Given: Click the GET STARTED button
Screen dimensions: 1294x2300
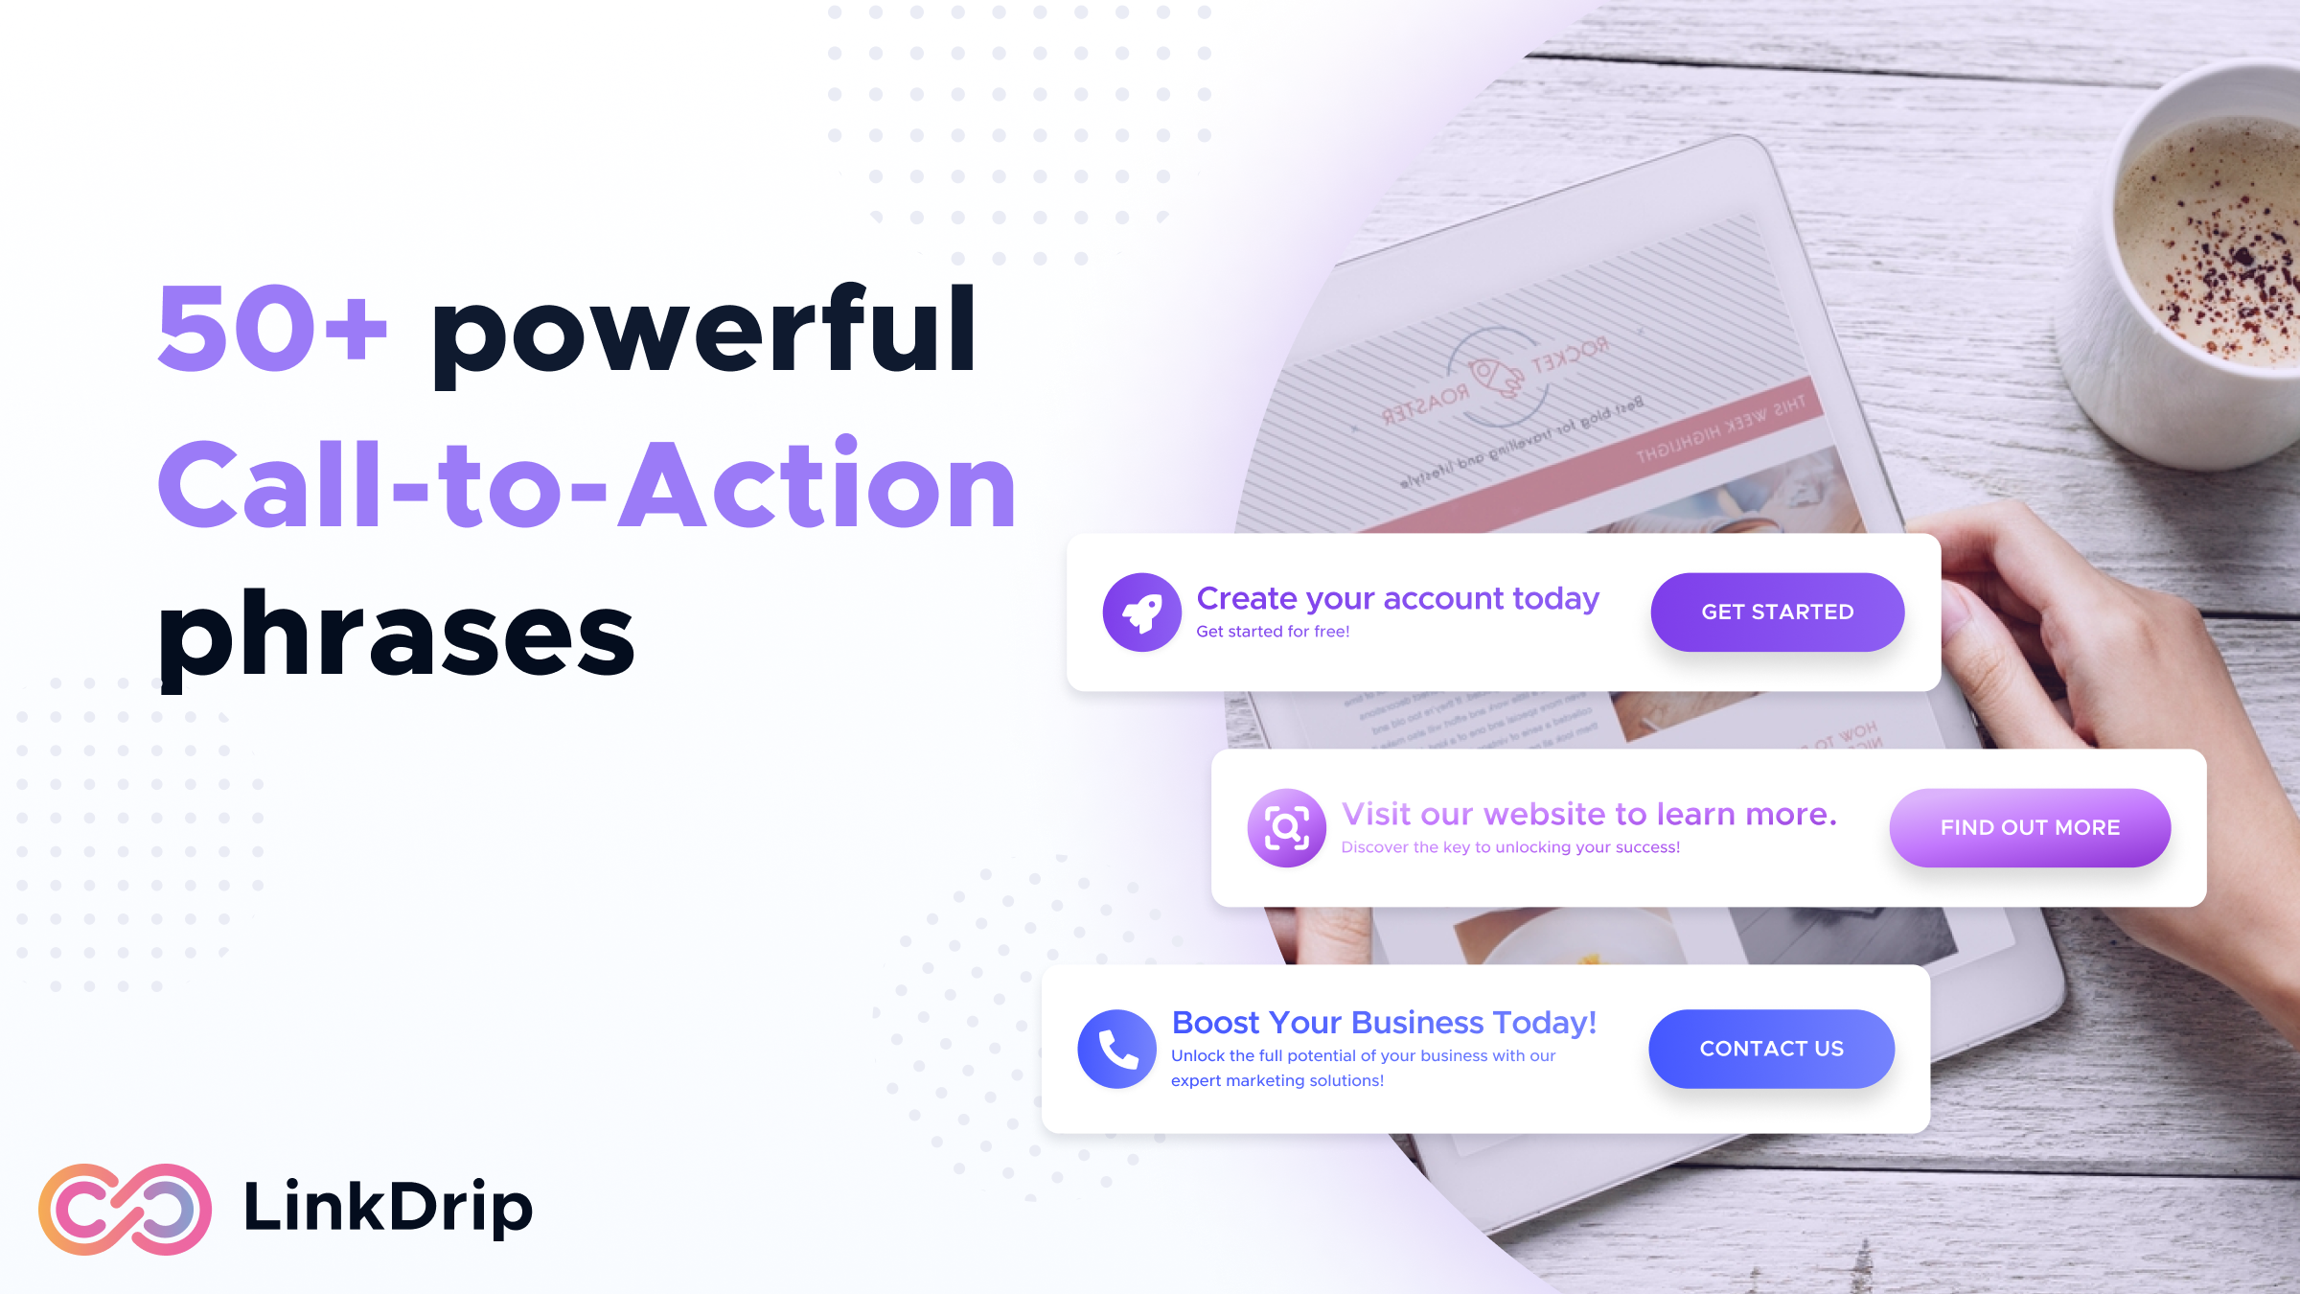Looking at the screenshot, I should click(1777, 612).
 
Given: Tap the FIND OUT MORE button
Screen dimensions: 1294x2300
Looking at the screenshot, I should click(2030, 828).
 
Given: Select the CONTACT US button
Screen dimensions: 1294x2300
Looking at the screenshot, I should click(1771, 1049).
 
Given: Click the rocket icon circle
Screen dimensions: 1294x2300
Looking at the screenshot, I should click(1141, 612).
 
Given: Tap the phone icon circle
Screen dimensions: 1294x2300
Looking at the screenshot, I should click(1116, 1049).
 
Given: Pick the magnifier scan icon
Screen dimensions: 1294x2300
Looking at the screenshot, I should click(1286, 828).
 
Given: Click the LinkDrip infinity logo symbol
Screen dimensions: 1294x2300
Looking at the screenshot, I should click(125, 1209).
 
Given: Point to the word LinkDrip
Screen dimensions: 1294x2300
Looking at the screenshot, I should click(388, 1207).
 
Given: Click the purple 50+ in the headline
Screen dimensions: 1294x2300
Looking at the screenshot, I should click(272, 329).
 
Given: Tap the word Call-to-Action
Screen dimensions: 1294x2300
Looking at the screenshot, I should click(586, 484).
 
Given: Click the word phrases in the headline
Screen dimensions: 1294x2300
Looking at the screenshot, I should click(396, 635).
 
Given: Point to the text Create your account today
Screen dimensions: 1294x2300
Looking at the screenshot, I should click(1397, 598).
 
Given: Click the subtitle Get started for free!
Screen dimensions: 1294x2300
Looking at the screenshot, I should click(1273, 632).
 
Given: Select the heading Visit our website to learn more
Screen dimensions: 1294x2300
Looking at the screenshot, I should click(1589, 814).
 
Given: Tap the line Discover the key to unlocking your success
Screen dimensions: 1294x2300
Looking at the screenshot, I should click(1510, 847).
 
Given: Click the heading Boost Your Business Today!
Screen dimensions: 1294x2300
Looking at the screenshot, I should click(1384, 1023).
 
